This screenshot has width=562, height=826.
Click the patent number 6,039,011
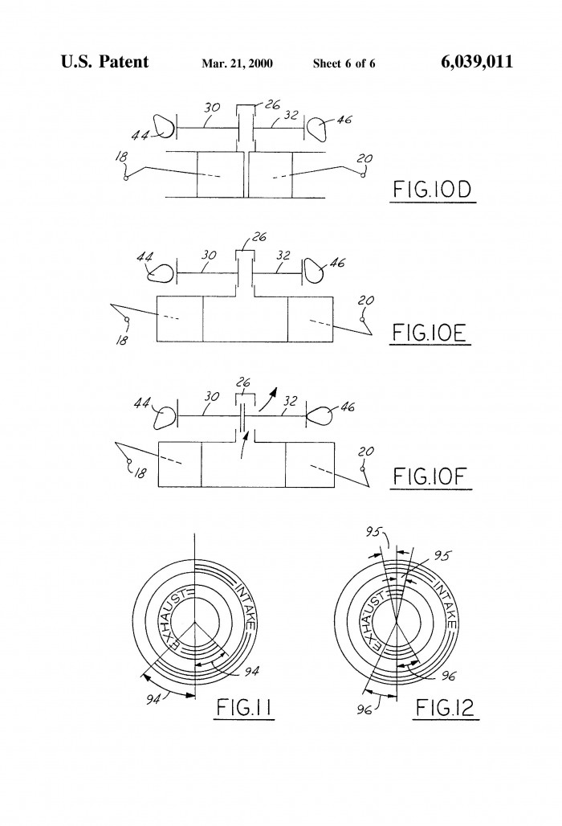(x=476, y=62)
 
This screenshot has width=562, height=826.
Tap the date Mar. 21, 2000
(x=237, y=63)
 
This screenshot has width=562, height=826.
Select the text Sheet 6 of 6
(x=344, y=63)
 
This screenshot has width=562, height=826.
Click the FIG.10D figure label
(x=433, y=190)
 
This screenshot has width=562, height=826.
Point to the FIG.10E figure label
(x=430, y=333)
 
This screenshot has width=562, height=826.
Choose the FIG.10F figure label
(x=430, y=476)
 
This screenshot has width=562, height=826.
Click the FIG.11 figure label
(x=244, y=707)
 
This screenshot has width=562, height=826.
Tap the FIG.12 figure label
(x=445, y=707)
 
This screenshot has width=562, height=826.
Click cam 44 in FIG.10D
(x=164, y=126)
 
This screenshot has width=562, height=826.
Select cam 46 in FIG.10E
(x=314, y=271)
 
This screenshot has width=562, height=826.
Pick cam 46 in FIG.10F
(x=320, y=416)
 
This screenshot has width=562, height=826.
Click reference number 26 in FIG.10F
(x=242, y=383)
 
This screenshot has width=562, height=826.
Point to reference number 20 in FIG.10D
(x=364, y=158)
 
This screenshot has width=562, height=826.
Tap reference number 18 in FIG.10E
(x=121, y=340)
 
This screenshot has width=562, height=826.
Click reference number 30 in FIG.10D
(x=212, y=108)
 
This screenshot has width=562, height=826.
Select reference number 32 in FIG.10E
(x=283, y=256)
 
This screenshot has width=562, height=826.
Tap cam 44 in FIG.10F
(x=164, y=418)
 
